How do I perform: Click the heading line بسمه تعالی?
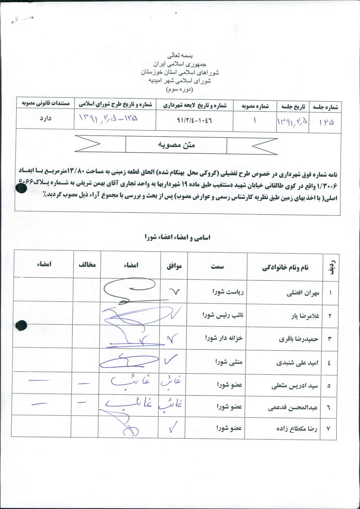pyautogui.click(x=180, y=55)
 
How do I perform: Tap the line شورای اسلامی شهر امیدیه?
pyautogui.click(x=180, y=80)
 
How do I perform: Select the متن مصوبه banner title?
pyautogui.click(x=176, y=145)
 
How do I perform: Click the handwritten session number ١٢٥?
pyautogui.click(x=326, y=122)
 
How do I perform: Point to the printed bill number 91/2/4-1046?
pyautogui.click(x=194, y=120)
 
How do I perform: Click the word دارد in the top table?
pyautogui.click(x=45, y=118)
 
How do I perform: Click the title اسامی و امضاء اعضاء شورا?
pyautogui.click(x=177, y=237)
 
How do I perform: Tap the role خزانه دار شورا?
pyautogui.click(x=224, y=338)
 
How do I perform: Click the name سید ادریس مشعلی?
pyautogui.click(x=295, y=386)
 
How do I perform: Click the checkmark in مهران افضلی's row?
pyautogui.click(x=174, y=291)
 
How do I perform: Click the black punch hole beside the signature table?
pyautogui.click(x=21, y=326)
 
